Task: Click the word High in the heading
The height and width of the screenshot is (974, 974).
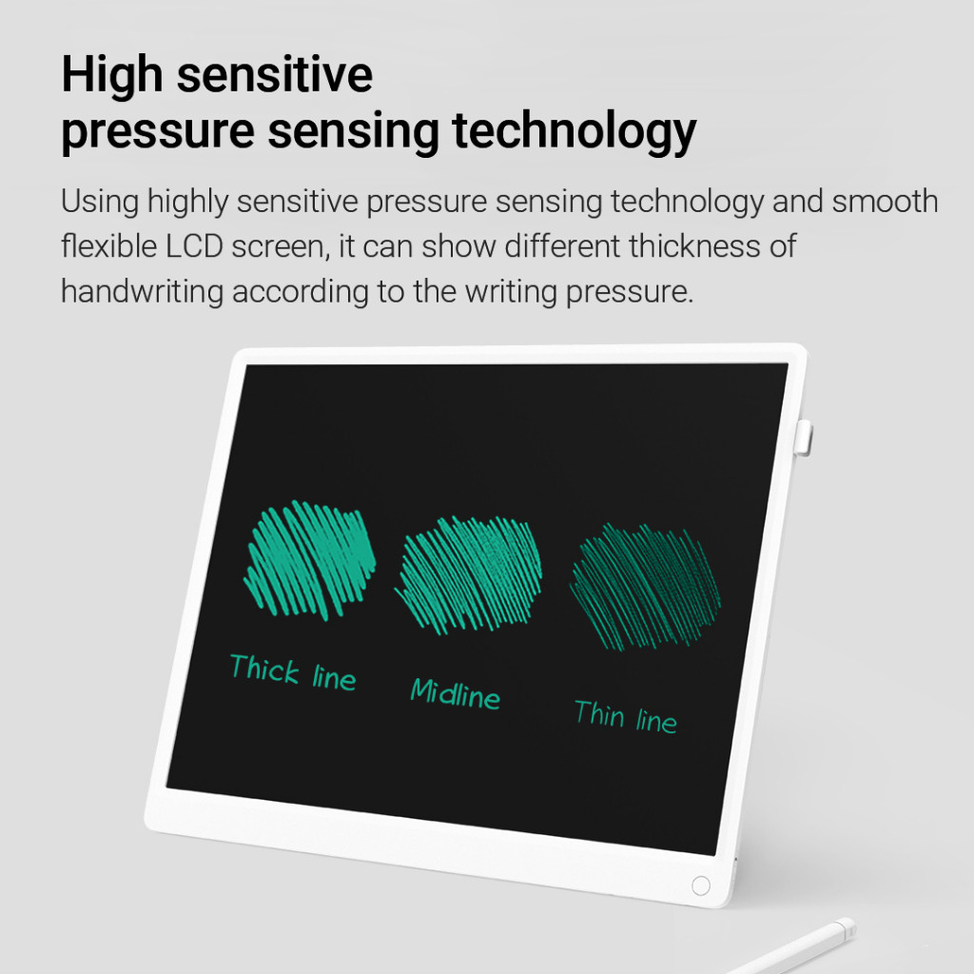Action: pos(112,74)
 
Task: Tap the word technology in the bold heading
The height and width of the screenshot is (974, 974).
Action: pos(575,132)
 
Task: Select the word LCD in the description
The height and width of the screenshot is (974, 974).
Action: pos(194,246)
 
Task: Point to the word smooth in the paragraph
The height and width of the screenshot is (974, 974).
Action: pos(886,201)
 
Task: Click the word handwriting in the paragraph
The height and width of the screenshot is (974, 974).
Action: pos(143,292)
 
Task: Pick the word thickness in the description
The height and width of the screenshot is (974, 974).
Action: pos(695,246)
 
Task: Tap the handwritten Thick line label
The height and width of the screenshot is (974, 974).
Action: pos(293,672)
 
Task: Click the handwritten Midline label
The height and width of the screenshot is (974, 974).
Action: pos(456,693)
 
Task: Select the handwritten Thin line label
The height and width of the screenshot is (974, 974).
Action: pos(626,716)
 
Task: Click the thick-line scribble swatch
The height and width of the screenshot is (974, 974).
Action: pos(309,560)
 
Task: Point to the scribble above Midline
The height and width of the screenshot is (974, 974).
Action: pos(469,575)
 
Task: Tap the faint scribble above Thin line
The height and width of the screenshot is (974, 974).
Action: pos(646,587)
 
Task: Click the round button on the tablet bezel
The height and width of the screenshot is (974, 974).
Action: pos(701,886)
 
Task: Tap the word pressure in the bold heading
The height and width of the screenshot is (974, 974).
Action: pos(158,132)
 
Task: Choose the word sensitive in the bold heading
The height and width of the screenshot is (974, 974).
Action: pos(275,74)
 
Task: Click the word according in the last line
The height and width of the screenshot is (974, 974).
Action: pos(300,292)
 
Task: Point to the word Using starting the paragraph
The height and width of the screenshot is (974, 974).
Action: pos(100,202)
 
